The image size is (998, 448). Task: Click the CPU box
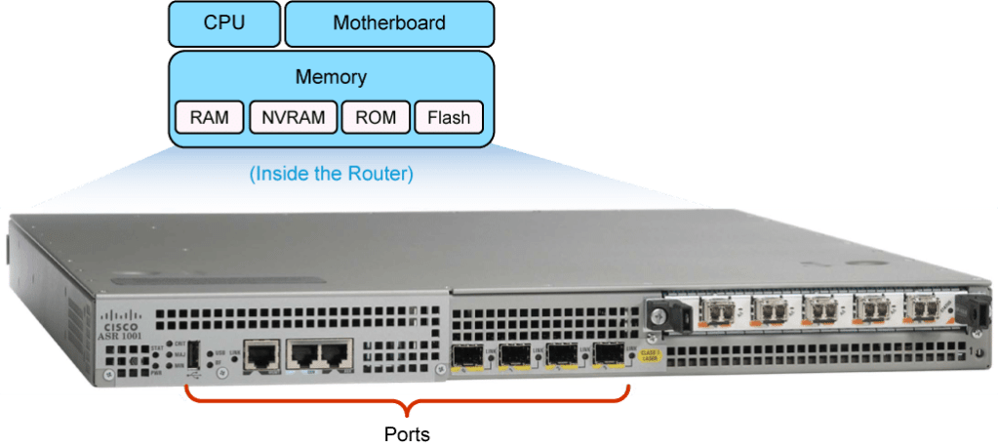(x=223, y=22)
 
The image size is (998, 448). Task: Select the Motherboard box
(x=388, y=22)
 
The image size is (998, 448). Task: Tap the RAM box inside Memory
(x=210, y=118)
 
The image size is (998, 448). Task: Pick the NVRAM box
(x=293, y=118)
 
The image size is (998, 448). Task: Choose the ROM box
(x=376, y=118)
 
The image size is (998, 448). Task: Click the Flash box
(x=449, y=118)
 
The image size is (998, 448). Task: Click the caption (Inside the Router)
(x=331, y=175)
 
